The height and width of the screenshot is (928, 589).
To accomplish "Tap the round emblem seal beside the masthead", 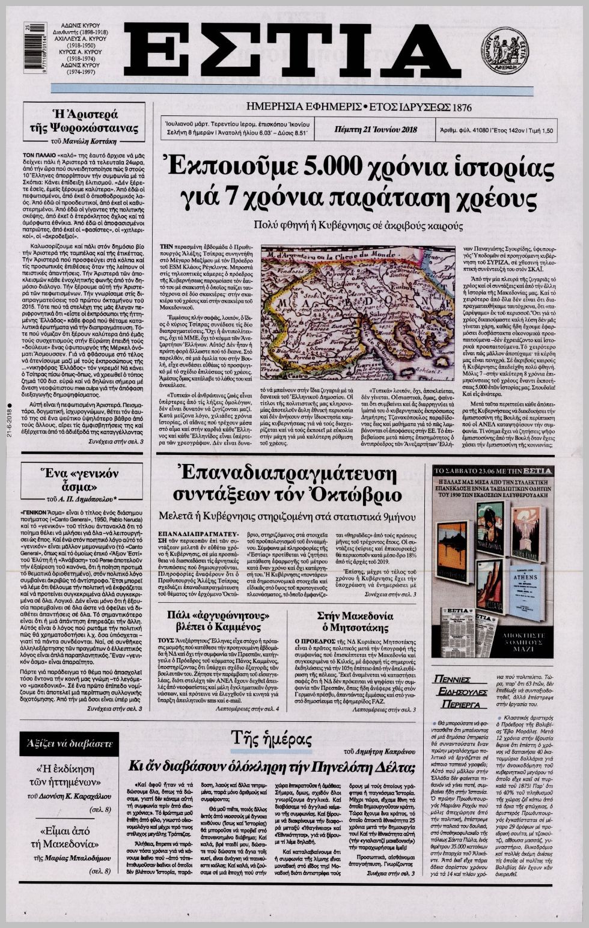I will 504,52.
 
